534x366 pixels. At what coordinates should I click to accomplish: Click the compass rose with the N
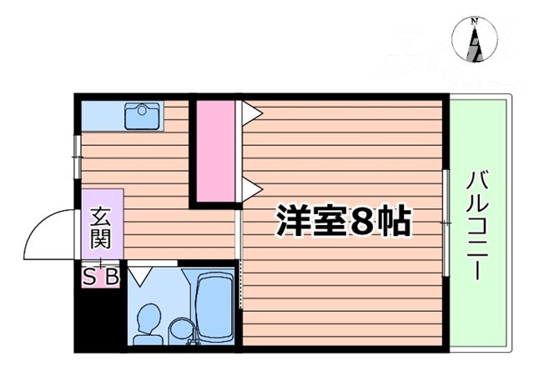point(474,39)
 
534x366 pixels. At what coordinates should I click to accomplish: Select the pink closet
point(215,150)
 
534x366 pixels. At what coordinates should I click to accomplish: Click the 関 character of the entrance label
point(100,239)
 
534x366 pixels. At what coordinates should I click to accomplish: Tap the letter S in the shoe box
point(90,276)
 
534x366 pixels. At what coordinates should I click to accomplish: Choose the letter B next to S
point(112,276)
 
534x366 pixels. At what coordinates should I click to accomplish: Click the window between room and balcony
point(447,223)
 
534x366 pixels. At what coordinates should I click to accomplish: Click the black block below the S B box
point(98,316)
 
